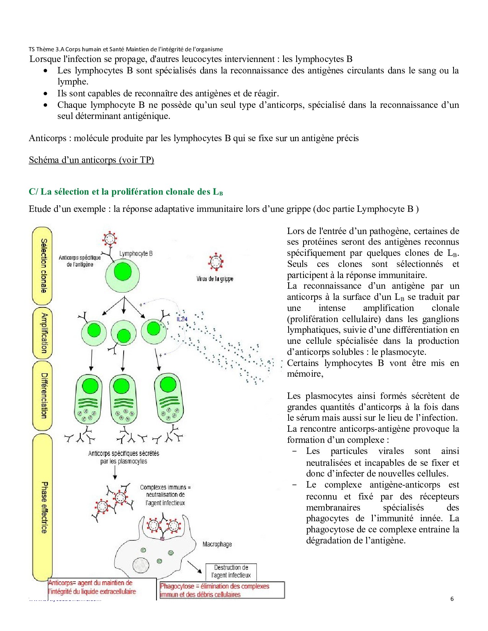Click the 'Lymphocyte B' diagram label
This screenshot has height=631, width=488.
[136, 254]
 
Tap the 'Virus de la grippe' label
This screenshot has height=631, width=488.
[215, 279]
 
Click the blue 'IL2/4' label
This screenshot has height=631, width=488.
[182, 319]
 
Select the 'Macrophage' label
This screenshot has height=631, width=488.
[217, 544]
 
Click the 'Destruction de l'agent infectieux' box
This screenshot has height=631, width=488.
[231, 571]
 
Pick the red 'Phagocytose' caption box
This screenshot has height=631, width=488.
[222, 590]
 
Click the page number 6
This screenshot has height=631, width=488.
[452, 599]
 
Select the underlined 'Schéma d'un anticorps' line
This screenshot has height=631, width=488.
[91, 160]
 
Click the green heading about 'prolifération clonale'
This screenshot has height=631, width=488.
[126, 192]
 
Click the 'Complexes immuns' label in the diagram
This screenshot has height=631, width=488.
[165, 495]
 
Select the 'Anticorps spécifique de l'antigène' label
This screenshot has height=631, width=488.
[80, 261]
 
